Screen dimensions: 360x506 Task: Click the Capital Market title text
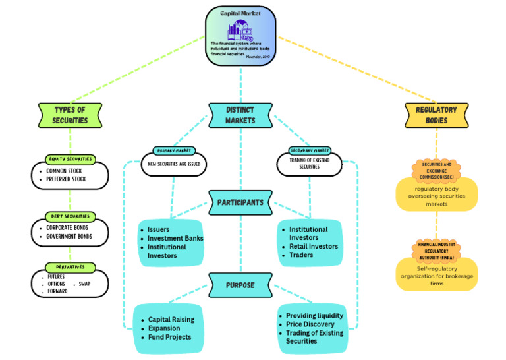[x=240, y=12]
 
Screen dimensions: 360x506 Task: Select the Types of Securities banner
[x=70, y=114]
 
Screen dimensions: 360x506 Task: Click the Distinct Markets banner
[x=240, y=114]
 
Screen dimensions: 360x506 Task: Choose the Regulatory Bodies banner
[x=436, y=114]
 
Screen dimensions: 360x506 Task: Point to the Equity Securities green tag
[x=70, y=159]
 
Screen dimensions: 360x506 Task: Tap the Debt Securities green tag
[x=70, y=216]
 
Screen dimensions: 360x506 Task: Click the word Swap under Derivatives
[x=85, y=284]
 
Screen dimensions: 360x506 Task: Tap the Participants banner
[x=240, y=202]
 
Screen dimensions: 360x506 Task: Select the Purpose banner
[x=240, y=285]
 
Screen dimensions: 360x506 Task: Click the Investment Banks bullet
[x=175, y=238]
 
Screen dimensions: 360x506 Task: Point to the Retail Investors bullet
[x=314, y=246]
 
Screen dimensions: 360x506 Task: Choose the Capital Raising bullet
[x=171, y=320]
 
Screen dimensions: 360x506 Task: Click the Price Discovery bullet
[x=310, y=324]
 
